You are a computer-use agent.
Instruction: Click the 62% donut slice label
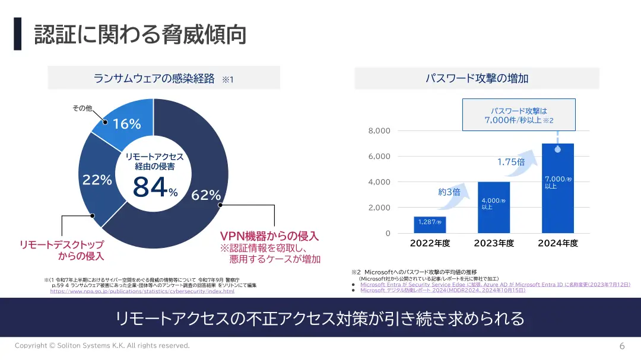click(206, 195)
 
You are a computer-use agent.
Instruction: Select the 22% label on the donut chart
click(97, 180)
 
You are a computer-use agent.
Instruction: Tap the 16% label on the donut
click(127, 124)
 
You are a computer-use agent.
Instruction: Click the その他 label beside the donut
click(82, 108)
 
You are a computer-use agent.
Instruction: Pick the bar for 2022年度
click(430, 225)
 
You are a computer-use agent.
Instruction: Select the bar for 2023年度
click(494, 208)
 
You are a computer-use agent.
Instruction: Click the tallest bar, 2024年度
click(558, 189)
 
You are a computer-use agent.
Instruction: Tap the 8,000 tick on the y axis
click(379, 130)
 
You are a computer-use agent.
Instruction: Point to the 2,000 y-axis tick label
click(379, 208)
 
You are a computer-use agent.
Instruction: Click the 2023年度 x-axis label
click(494, 243)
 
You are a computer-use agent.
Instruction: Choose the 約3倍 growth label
click(449, 192)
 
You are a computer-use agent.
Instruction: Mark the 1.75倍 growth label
click(511, 162)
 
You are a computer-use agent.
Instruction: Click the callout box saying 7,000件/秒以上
click(519, 115)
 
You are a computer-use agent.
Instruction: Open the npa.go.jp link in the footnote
click(142, 291)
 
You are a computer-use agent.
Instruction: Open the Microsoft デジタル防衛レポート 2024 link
click(442, 290)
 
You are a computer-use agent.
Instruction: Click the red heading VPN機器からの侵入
click(269, 235)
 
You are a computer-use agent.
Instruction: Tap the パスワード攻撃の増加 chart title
click(477, 78)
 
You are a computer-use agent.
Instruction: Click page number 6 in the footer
click(622, 346)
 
